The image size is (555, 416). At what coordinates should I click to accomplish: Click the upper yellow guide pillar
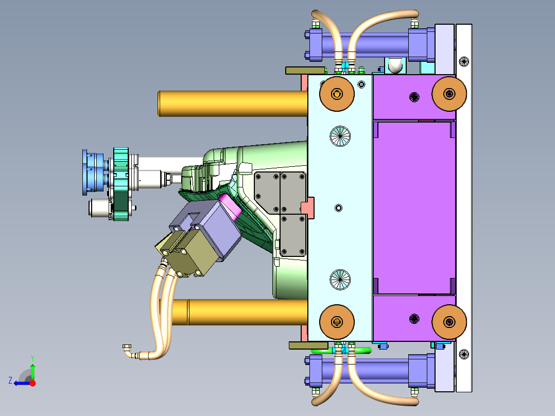(233, 103)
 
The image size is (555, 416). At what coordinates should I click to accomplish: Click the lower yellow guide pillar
(241, 312)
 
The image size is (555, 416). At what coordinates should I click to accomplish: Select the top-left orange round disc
(337, 94)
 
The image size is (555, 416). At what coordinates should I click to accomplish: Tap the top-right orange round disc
(449, 94)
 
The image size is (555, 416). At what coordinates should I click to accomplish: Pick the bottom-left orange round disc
(337, 322)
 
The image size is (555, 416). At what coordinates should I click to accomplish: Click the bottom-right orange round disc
(449, 322)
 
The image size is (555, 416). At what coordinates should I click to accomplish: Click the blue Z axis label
(10, 380)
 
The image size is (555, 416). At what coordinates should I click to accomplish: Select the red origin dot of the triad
(32, 383)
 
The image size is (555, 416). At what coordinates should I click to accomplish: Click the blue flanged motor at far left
(94, 172)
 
